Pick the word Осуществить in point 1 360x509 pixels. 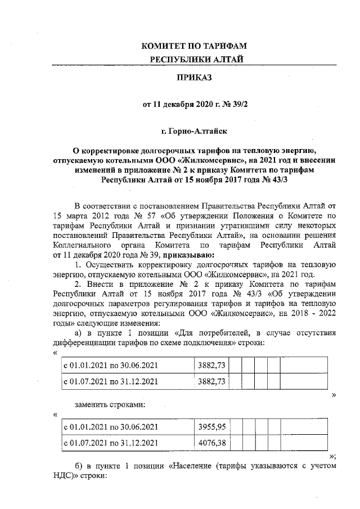[110, 264]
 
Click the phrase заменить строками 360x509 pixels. [106, 404]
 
